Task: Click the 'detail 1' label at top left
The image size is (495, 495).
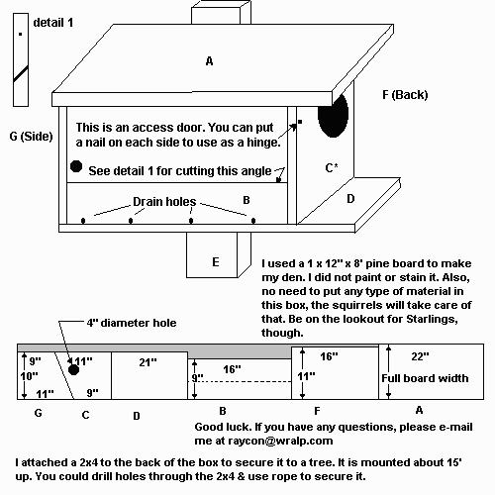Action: (53, 23)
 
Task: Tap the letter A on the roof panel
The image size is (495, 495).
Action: (209, 61)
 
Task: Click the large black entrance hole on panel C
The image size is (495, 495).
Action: (333, 115)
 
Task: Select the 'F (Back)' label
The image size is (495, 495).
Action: (405, 95)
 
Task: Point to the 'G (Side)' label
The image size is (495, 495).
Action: (31, 136)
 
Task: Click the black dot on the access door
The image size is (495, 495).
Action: (76, 166)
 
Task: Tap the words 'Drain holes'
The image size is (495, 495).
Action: (164, 201)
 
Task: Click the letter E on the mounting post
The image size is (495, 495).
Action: (216, 262)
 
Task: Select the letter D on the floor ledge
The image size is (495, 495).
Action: (350, 199)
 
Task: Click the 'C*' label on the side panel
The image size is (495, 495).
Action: (332, 167)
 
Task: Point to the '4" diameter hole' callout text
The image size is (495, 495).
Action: (132, 323)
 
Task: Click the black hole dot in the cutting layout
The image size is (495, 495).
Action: (73, 370)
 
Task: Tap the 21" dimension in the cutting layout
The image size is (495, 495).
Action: (148, 362)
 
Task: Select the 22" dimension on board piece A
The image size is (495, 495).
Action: (420, 356)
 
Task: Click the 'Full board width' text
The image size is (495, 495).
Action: (425, 378)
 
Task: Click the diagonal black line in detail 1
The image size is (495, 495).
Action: (21, 74)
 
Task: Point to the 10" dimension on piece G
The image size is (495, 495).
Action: (29, 376)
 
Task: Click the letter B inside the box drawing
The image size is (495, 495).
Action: (247, 200)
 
